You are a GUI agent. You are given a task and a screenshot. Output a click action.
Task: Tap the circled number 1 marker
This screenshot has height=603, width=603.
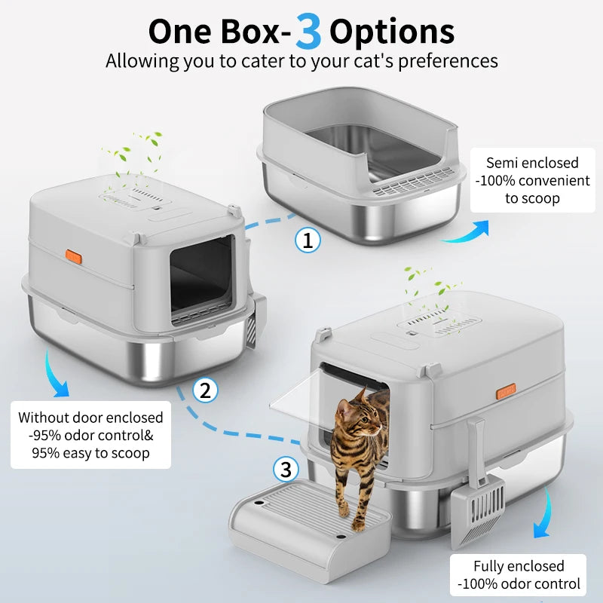[x=307, y=240]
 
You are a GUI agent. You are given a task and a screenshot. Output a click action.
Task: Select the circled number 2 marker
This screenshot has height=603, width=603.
[x=205, y=390]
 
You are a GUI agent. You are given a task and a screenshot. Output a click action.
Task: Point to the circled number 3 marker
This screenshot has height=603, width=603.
[x=285, y=470]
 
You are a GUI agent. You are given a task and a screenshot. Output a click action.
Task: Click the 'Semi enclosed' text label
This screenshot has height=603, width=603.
[x=532, y=162]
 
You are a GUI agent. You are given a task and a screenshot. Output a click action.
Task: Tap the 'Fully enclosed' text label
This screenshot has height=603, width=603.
[x=519, y=565]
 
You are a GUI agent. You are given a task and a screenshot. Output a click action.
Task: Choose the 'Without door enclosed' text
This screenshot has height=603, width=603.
[x=90, y=417]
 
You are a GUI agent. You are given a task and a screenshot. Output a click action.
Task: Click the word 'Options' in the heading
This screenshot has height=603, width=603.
[x=392, y=31]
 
